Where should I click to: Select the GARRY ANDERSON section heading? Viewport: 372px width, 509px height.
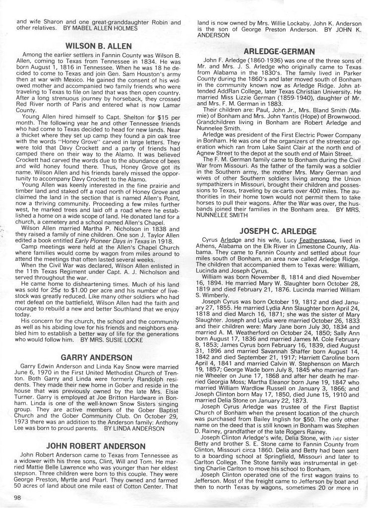click(x=96, y=357)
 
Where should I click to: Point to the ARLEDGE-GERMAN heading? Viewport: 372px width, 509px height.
click(x=279, y=51)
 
